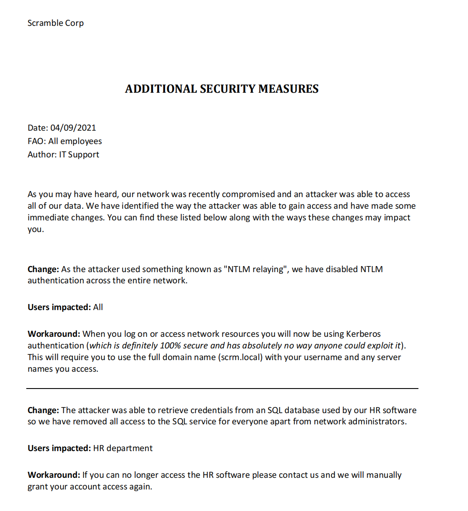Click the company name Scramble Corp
click(56, 23)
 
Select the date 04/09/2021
click(73, 128)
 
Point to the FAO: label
click(37, 141)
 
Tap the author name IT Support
click(79, 154)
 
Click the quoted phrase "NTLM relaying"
click(256, 269)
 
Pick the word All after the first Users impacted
click(98, 307)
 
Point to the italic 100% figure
click(170, 345)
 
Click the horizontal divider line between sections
click(222, 389)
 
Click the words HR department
click(123, 448)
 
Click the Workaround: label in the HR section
click(54, 475)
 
